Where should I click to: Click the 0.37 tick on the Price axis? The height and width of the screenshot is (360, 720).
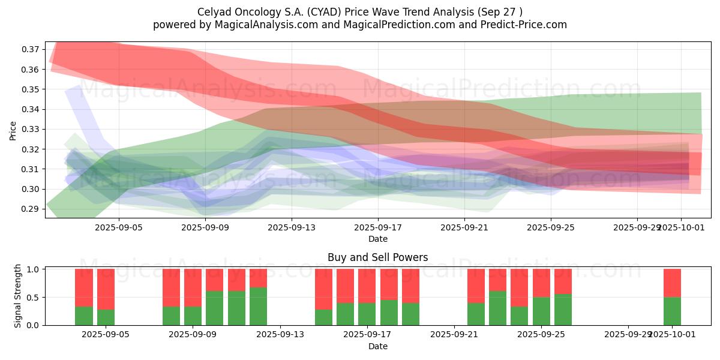click(x=32, y=49)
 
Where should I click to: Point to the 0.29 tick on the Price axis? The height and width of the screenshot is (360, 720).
click(x=32, y=209)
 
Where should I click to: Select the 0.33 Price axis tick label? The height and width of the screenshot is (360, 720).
click(x=32, y=129)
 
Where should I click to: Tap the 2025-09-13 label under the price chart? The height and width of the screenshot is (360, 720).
click(x=291, y=227)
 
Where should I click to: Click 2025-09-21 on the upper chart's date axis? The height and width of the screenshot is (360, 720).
click(x=464, y=227)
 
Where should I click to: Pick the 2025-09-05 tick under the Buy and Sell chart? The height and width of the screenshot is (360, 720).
click(x=106, y=335)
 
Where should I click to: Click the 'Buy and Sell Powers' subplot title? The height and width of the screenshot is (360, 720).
click(x=377, y=257)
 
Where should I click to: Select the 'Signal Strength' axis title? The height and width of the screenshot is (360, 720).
click(x=18, y=296)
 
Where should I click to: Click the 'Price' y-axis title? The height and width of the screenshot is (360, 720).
click(x=13, y=130)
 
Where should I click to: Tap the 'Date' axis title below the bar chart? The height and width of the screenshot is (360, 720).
click(x=377, y=346)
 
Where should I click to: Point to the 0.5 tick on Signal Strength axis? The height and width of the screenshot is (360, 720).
click(x=34, y=297)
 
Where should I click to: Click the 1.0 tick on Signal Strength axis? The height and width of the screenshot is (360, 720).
click(x=34, y=269)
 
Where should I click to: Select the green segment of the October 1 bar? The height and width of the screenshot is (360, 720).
click(x=672, y=311)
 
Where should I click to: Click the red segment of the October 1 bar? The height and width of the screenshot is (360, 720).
click(x=672, y=283)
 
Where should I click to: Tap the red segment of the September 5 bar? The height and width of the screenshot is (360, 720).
click(x=106, y=289)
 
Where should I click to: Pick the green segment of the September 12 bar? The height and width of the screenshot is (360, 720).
click(x=258, y=306)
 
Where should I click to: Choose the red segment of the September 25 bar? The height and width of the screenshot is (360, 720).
click(x=541, y=283)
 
